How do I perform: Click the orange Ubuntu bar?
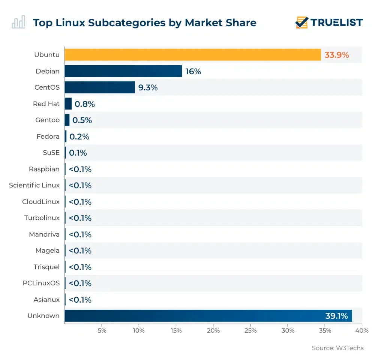click(192, 55)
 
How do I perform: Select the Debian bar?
click(123, 71)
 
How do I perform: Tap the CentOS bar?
click(99, 87)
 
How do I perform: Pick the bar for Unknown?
click(208, 316)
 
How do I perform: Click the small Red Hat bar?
click(68, 104)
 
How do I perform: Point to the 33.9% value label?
click(337, 55)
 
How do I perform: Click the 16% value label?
click(193, 71)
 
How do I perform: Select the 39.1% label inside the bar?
click(336, 316)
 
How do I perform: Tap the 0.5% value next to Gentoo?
click(82, 120)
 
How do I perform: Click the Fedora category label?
click(48, 136)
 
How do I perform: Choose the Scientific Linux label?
click(34, 185)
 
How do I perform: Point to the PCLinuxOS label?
click(41, 283)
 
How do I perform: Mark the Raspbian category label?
click(44, 169)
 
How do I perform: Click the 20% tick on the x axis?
click(213, 331)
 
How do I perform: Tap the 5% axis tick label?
click(102, 331)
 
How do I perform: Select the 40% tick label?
click(362, 331)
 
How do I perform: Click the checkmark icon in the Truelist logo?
click(301, 22)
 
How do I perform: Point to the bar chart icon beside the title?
click(18, 22)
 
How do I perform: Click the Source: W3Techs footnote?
click(337, 348)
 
